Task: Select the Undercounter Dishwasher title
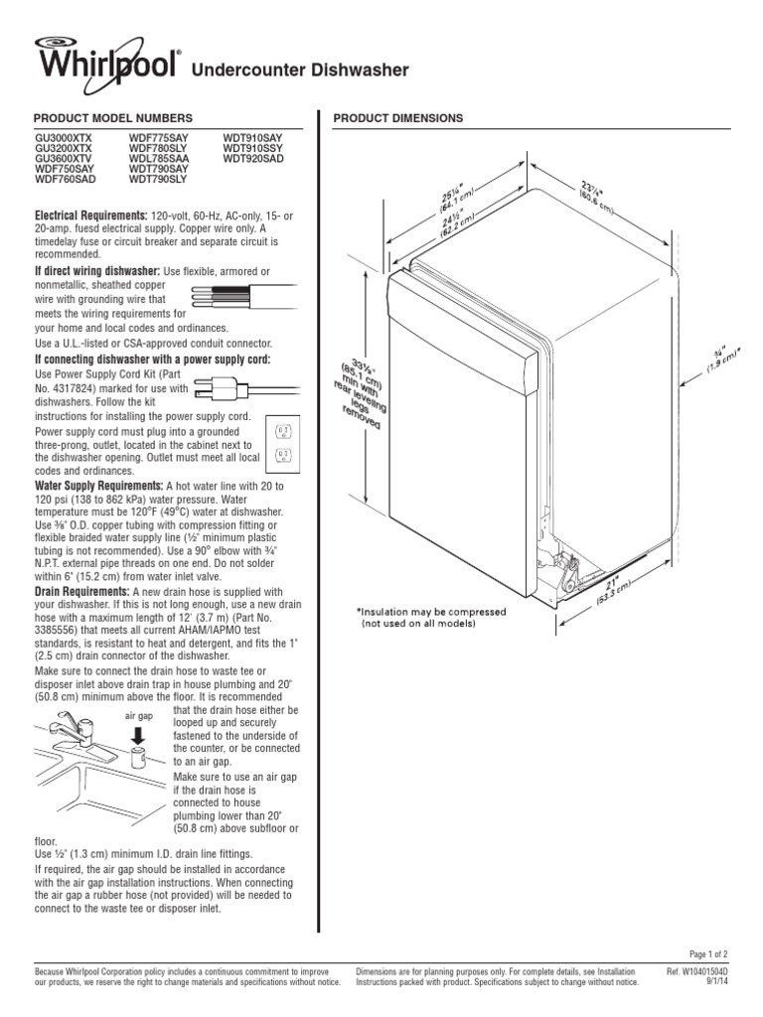pos(299,71)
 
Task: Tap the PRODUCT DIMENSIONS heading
pos(397,118)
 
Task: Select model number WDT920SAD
pos(253,159)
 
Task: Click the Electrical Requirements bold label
pos(90,215)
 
